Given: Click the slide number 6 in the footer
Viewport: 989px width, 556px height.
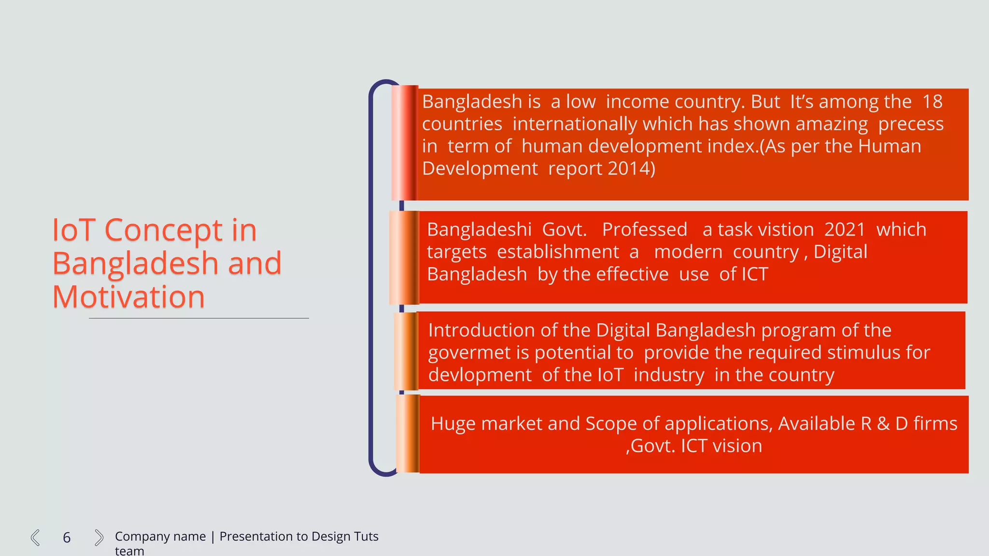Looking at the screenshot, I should click(67, 538).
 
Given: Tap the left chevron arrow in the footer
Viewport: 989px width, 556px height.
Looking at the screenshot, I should click(35, 538).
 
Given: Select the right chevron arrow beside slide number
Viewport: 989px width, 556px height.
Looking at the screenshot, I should click(99, 538).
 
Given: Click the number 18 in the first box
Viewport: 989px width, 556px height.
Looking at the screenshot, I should click(932, 102).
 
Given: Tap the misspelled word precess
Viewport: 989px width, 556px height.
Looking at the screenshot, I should click(910, 125).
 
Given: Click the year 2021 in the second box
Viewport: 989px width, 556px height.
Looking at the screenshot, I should click(845, 230).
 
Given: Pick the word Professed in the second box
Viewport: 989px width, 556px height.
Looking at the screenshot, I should click(644, 230).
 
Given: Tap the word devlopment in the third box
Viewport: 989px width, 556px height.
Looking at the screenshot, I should click(480, 375).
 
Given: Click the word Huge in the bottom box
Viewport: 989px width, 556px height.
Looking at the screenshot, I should click(452, 424).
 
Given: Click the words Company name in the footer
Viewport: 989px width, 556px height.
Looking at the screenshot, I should click(160, 537).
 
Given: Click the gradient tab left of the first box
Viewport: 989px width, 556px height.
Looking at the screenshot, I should click(404, 143).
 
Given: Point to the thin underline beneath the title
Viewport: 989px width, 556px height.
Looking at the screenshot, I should click(198, 319).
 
